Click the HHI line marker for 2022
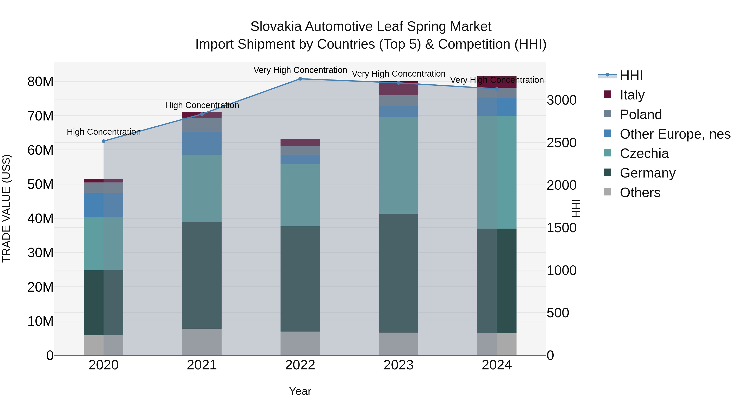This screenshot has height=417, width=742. pos(300,79)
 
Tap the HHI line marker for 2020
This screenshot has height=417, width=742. pos(104,141)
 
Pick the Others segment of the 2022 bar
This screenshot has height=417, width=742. pos(300,343)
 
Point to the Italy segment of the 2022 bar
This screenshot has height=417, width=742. pos(300,143)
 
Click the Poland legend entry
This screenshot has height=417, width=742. pos(641,114)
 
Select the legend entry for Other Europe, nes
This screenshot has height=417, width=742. pos(675,134)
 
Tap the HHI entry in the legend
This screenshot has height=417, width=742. pos(631,75)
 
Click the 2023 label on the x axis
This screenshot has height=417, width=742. pos(398,365)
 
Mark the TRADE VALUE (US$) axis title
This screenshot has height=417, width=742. pos(6,208)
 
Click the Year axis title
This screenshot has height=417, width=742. pos(300,391)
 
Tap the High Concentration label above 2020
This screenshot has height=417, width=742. pos(104,132)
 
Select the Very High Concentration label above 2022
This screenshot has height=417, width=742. pos(300,70)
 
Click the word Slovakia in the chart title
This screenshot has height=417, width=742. pos(276,27)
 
